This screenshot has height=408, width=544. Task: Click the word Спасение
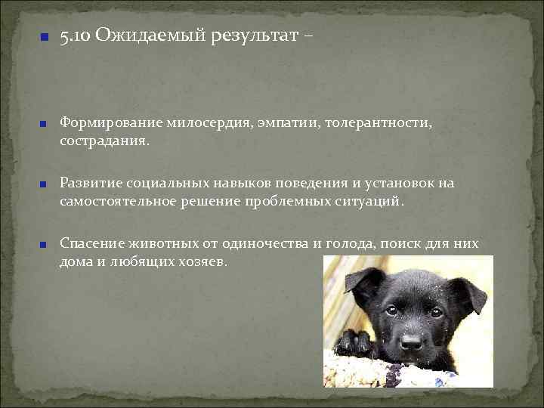[x=89, y=243]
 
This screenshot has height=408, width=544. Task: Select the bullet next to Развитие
[x=45, y=184]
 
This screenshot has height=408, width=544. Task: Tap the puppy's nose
[x=412, y=342]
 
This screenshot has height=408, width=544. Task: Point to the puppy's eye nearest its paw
[x=391, y=311]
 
